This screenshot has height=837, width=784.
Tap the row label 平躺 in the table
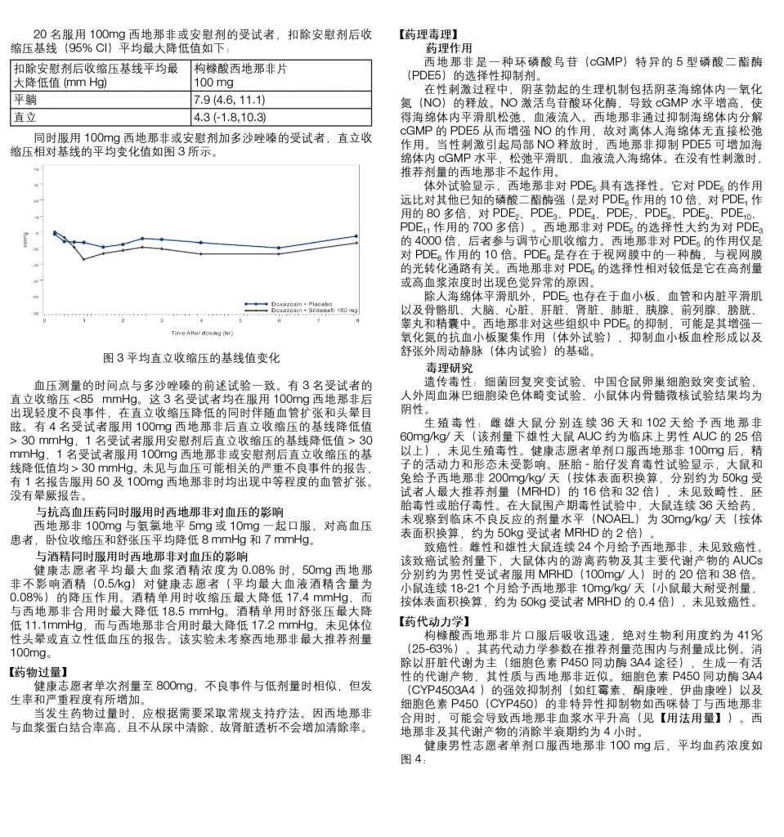pos(25,101)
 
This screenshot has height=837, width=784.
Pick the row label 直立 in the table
pos(25,117)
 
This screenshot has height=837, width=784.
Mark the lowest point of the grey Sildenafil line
pos(83,259)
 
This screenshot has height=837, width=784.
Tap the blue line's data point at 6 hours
pos(279,248)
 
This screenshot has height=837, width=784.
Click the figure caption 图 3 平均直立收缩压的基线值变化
pos(192,358)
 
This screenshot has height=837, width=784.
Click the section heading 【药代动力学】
pos(430,621)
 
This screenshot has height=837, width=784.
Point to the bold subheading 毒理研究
pos(449,367)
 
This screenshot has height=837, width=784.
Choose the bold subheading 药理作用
pos(449,48)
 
